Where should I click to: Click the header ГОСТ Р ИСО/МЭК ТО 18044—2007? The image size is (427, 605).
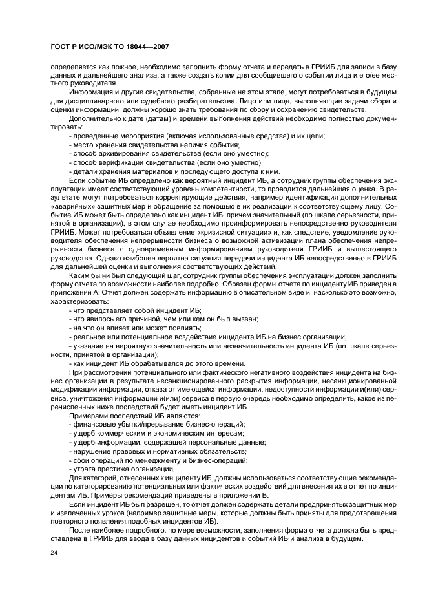pos(109,47)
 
